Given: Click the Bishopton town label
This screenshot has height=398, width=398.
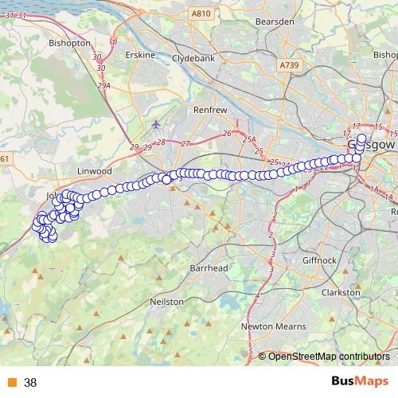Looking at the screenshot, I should pyautogui.click(x=69, y=42).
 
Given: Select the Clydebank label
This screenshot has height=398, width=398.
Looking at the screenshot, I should pyautogui.click(x=193, y=58).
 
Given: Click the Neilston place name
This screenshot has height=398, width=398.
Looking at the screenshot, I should pyautogui.click(x=167, y=302).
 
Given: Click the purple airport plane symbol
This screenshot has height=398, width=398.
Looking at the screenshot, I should pyautogui.click(x=155, y=124).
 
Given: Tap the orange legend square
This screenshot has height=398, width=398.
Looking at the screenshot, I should pyautogui.click(x=12, y=383).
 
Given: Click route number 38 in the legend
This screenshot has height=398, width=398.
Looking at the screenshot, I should pyautogui.click(x=30, y=383).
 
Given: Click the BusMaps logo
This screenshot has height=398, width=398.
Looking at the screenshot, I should pyautogui.click(x=361, y=382).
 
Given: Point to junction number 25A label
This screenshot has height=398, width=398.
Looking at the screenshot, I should pyautogui.click(x=251, y=139).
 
